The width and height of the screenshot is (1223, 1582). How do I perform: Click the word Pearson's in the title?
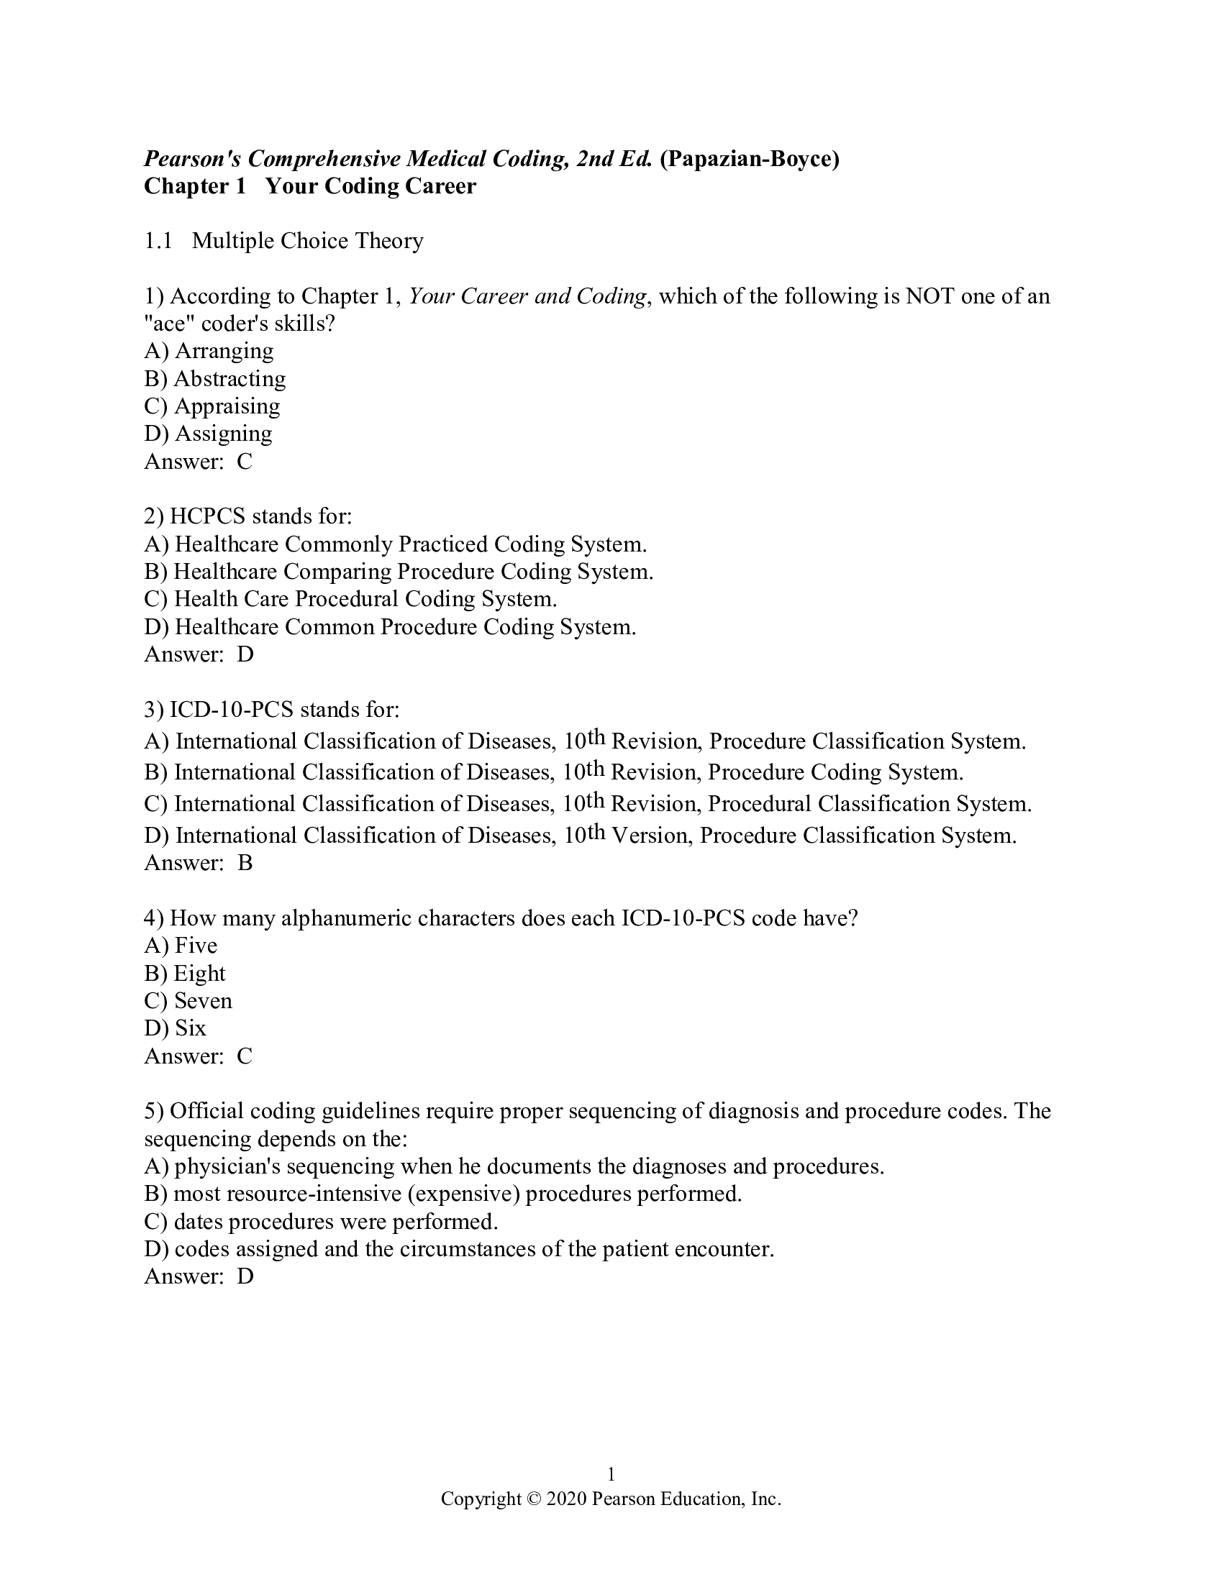pos(192,159)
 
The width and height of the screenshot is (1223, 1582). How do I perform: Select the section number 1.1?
pos(158,241)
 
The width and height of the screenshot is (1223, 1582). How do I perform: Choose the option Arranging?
pos(224,352)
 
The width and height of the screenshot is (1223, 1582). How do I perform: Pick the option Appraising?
pos(227,406)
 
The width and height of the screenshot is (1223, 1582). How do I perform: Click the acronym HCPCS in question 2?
pos(207,516)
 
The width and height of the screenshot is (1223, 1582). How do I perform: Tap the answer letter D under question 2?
pos(245,655)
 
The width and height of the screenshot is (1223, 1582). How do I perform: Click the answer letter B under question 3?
pos(245,864)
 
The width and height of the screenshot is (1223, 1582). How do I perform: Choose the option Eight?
pos(199,974)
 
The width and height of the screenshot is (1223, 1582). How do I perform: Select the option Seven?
pos(203,1001)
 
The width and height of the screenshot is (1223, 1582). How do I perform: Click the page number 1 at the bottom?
pos(611,1474)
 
